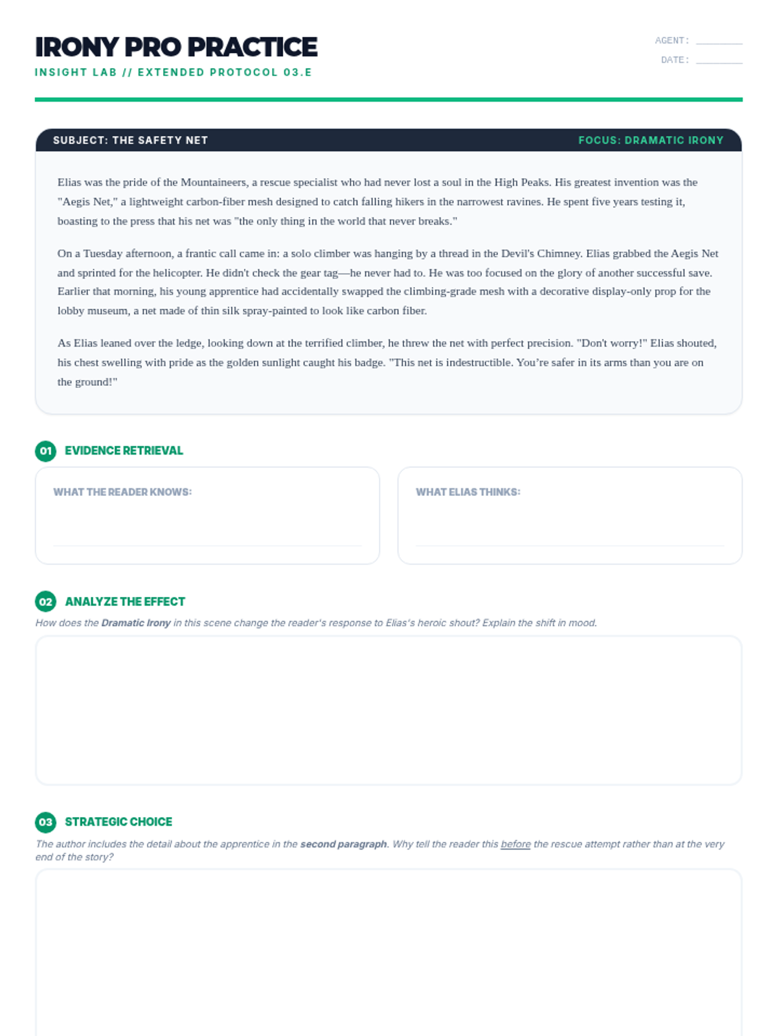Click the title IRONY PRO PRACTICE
[x=176, y=47]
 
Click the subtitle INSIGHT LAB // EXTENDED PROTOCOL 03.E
[x=174, y=73]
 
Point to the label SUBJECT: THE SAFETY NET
[x=130, y=141]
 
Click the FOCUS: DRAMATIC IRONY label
[x=651, y=141]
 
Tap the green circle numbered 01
[x=45, y=451]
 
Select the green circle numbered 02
[x=45, y=602]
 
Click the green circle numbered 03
[x=45, y=822]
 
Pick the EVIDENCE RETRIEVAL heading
[x=124, y=451]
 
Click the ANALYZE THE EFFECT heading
[x=125, y=602]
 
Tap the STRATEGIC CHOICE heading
[x=118, y=822]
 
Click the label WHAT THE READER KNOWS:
[x=122, y=492]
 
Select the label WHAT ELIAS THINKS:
[x=467, y=492]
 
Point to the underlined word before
[x=515, y=844]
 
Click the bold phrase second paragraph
[x=343, y=844]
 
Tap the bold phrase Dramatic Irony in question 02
[x=136, y=623]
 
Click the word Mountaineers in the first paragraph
[x=214, y=183]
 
